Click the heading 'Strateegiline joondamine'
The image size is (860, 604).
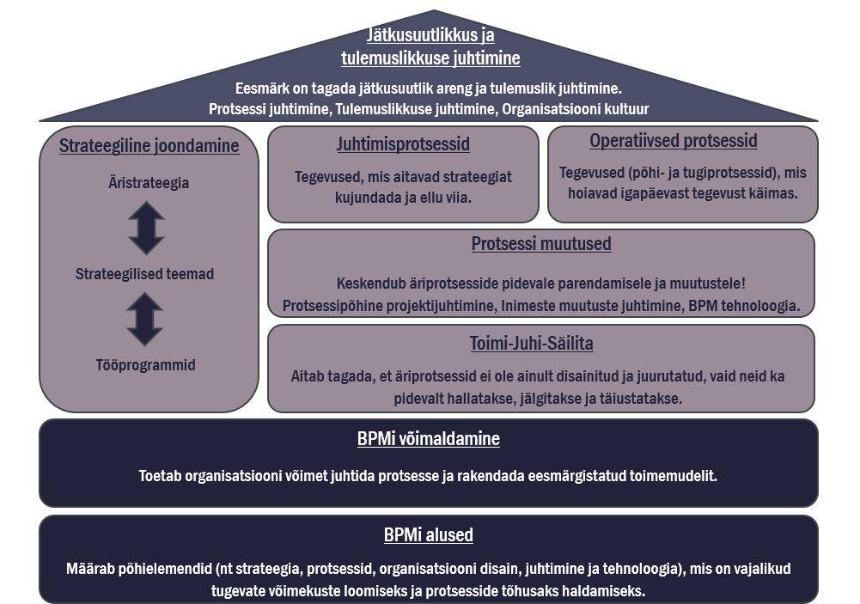[x=149, y=146]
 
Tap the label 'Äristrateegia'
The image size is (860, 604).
[x=149, y=183]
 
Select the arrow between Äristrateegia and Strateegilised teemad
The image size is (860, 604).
[x=146, y=229]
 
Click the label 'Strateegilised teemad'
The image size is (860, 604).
[x=144, y=274]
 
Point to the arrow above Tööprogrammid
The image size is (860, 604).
[x=145, y=320]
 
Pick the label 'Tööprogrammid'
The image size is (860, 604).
[x=145, y=365]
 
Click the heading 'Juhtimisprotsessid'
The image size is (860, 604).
[x=403, y=144]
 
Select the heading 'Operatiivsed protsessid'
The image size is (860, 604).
[x=674, y=141]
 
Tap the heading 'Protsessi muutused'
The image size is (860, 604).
[x=541, y=243]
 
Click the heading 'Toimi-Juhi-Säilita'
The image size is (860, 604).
[x=532, y=344]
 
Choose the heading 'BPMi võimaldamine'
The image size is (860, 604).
[x=429, y=439]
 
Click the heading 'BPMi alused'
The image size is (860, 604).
[x=429, y=535]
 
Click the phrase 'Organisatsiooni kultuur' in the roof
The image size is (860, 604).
[x=576, y=108]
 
